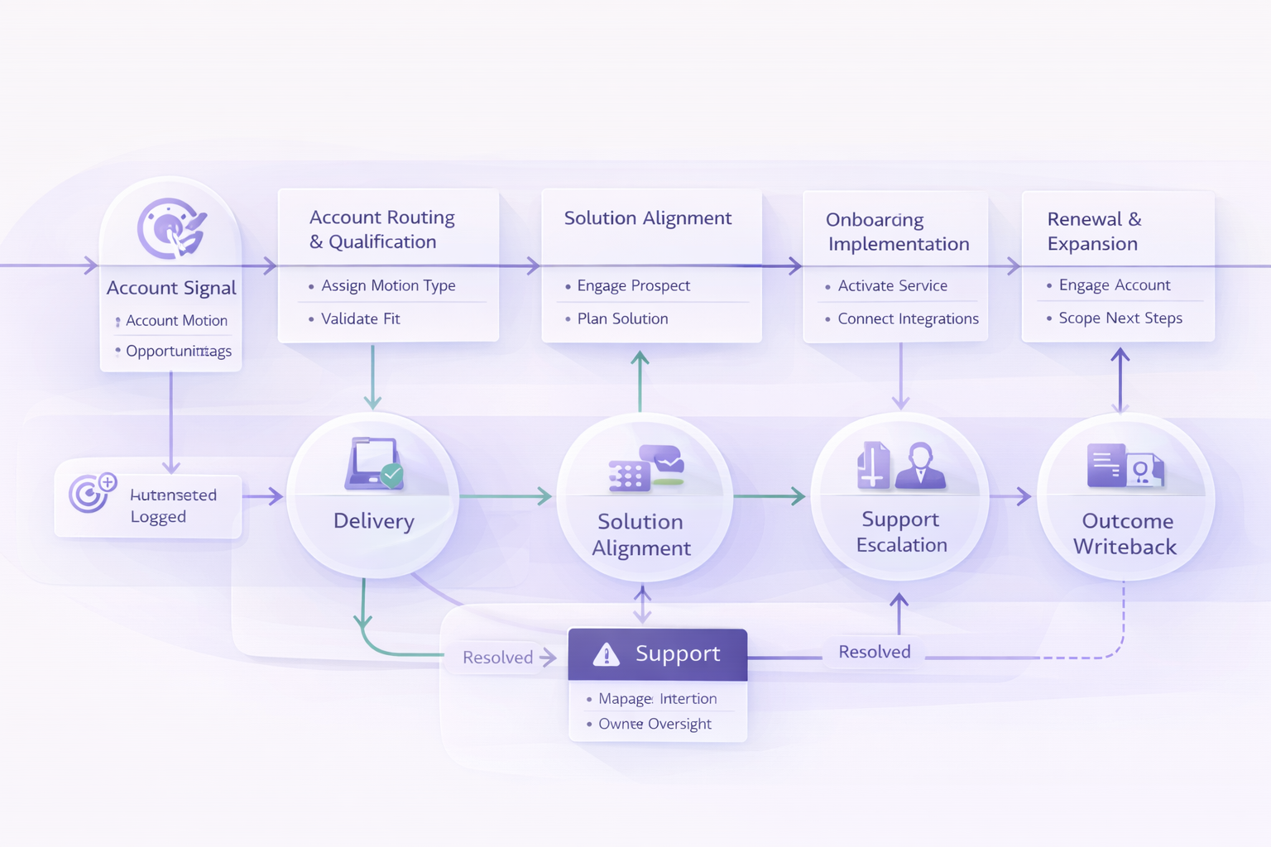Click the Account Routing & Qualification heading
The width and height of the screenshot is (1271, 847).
click(381, 229)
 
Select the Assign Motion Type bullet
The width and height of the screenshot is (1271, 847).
click(388, 285)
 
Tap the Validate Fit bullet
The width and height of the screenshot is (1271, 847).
click(360, 318)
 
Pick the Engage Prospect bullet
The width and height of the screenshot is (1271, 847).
click(633, 285)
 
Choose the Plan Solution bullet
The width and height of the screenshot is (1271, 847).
click(622, 318)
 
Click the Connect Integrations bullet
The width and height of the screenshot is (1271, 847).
click(908, 318)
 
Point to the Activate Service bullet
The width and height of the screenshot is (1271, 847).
click(892, 285)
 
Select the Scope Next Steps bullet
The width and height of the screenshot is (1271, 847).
click(1120, 318)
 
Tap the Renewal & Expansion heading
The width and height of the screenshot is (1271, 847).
click(1093, 231)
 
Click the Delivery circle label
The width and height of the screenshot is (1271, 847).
click(373, 521)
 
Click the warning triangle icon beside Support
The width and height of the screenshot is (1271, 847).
click(607, 654)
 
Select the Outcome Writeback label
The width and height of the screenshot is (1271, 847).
click(1125, 534)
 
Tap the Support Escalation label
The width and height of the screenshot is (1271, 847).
click(901, 532)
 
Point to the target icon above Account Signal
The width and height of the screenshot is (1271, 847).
click(171, 228)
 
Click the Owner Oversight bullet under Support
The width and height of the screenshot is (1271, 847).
click(655, 724)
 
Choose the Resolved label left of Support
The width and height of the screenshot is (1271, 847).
click(497, 658)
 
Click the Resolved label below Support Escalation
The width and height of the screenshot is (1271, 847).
click(874, 652)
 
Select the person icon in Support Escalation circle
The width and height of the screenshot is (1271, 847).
click(920, 465)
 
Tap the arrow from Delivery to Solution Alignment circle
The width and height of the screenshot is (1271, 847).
click(506, 496)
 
